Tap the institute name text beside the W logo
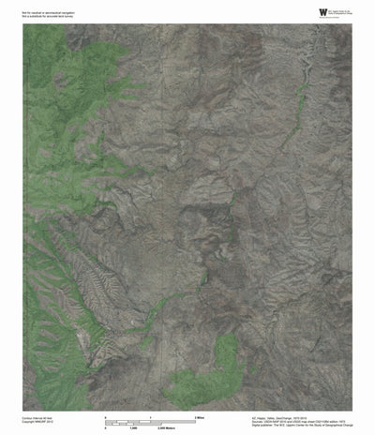pyautogui.click(x=328, y=10)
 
